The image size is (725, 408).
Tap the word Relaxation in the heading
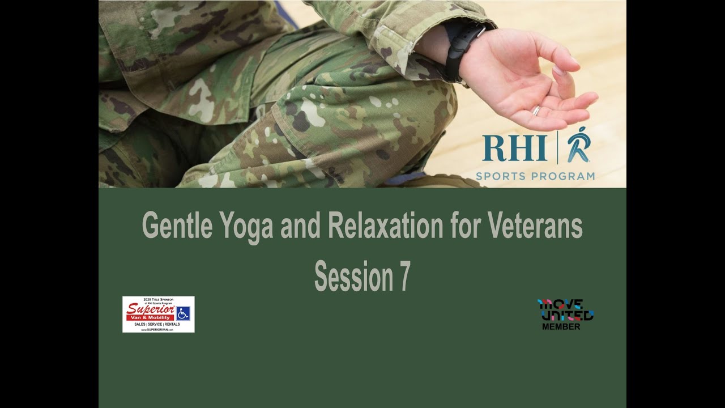pos(385,226)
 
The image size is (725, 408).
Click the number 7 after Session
pos(403,277)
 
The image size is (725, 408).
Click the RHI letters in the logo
pos(514,148)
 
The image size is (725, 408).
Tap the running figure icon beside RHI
pos(579,146)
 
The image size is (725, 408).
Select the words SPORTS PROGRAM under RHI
pos(535,176)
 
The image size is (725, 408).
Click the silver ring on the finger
pos(536,110)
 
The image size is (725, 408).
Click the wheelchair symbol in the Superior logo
pos(183,313)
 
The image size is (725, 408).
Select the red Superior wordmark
pos(150,309)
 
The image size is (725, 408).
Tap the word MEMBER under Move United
pos(561,327)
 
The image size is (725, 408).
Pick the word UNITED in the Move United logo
pos(566,315)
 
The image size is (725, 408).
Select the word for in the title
pos(463,226)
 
